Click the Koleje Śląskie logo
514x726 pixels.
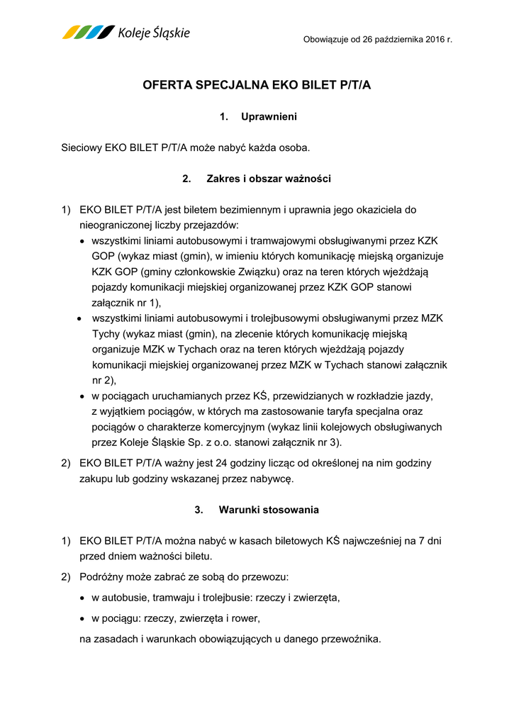[126, 33]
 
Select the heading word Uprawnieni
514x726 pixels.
[269, 116]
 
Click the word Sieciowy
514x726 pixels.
[82, 147]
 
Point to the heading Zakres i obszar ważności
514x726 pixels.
[268, 179]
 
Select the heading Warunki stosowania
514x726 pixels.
[268, 510]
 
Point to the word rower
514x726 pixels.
[245, 618]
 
